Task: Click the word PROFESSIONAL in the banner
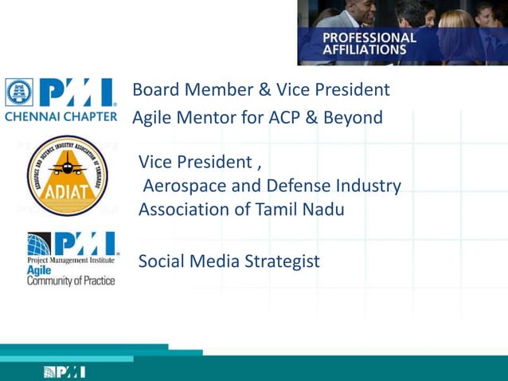pos(369,37)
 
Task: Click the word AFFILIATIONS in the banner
pos(364,49)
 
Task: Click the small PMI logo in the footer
pos(64,371)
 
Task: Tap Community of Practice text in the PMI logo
pos(71,280)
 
